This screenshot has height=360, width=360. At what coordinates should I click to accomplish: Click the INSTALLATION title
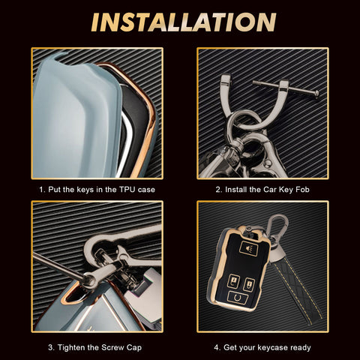tap(184, 22)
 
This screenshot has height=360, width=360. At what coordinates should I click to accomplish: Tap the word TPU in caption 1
tap(127, 190)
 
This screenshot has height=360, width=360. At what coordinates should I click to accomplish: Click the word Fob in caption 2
tap(302, 190)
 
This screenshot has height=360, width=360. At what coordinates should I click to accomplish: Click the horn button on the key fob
tap(248, 248)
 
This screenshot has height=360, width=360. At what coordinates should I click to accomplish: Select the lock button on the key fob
tap(234, 281)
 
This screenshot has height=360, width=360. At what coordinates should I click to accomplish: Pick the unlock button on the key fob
tap(249, 285)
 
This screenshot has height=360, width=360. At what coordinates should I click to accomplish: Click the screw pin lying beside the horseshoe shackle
tap(286, 88)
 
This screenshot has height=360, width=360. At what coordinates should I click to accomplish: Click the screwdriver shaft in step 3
tap(58, 265)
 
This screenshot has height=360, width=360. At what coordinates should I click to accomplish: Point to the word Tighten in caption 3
tap(71, 347)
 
